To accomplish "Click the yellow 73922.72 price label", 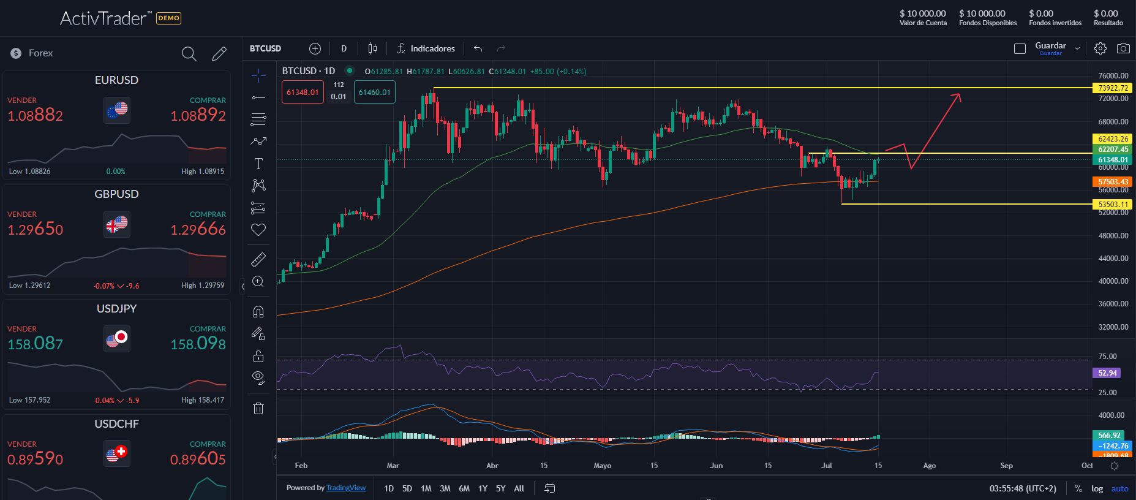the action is (1113, 88).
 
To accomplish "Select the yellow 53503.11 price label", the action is (1113, 205).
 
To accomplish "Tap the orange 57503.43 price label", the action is (1113, 182).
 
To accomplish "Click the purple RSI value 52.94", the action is (1107, 373).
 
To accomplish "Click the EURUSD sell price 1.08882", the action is (35, 115).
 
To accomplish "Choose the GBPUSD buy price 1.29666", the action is (198, 229).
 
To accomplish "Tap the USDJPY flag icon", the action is (116, 338).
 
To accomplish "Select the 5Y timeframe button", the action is (500, 488).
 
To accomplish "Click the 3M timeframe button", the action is (445, 488).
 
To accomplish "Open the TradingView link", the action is (346, 488).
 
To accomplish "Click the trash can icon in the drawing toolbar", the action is (258, 408).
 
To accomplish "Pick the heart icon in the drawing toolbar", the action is (258, 230).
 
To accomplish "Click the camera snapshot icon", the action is (1123, 48).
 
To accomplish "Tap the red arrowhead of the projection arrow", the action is (957, 96).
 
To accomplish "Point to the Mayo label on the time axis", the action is (603, 466).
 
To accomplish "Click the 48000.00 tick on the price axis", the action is (1113, 235).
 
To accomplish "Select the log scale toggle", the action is (1097, 488).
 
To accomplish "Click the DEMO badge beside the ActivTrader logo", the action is (168, 18).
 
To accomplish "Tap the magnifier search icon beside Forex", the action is (189, 54).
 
